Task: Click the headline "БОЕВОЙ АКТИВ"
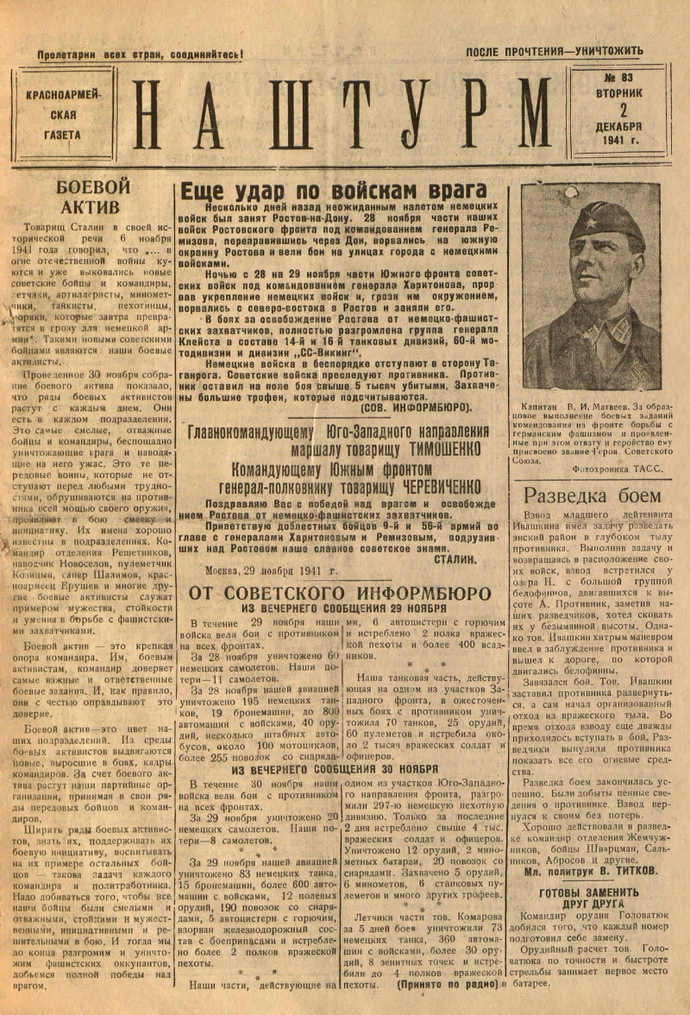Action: pos(92,197)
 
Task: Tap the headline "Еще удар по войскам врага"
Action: pos(333,191)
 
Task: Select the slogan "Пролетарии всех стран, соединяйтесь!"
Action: pos(140,54)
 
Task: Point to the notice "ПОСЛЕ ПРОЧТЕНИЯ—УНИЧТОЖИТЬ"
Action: pos(555,52)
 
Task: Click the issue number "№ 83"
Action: pos(618,78)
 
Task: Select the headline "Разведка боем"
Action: pos(592,495)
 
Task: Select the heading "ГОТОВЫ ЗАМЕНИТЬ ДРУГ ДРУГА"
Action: pos(590,899)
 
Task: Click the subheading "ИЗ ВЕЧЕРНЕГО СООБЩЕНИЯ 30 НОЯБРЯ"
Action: pos(334,769)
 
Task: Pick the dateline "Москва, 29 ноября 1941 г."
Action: pos(273,571)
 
